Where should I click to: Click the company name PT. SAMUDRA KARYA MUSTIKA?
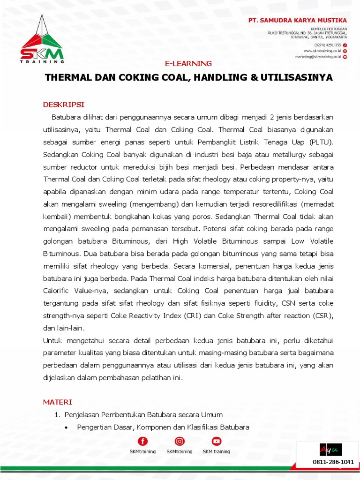pos(298,20)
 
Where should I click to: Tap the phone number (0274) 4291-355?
pos(328,44)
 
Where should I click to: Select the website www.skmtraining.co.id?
pos(322,50)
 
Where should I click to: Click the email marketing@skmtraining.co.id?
pos(318,56)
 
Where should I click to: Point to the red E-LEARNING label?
pos(188,63)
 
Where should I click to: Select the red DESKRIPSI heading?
pos(63,104)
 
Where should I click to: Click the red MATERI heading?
pos(58,402)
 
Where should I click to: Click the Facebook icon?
pos(142,441)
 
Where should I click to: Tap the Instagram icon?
pos(179,441)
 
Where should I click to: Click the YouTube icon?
pos(216,441)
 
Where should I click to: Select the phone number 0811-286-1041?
pos(333,462)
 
